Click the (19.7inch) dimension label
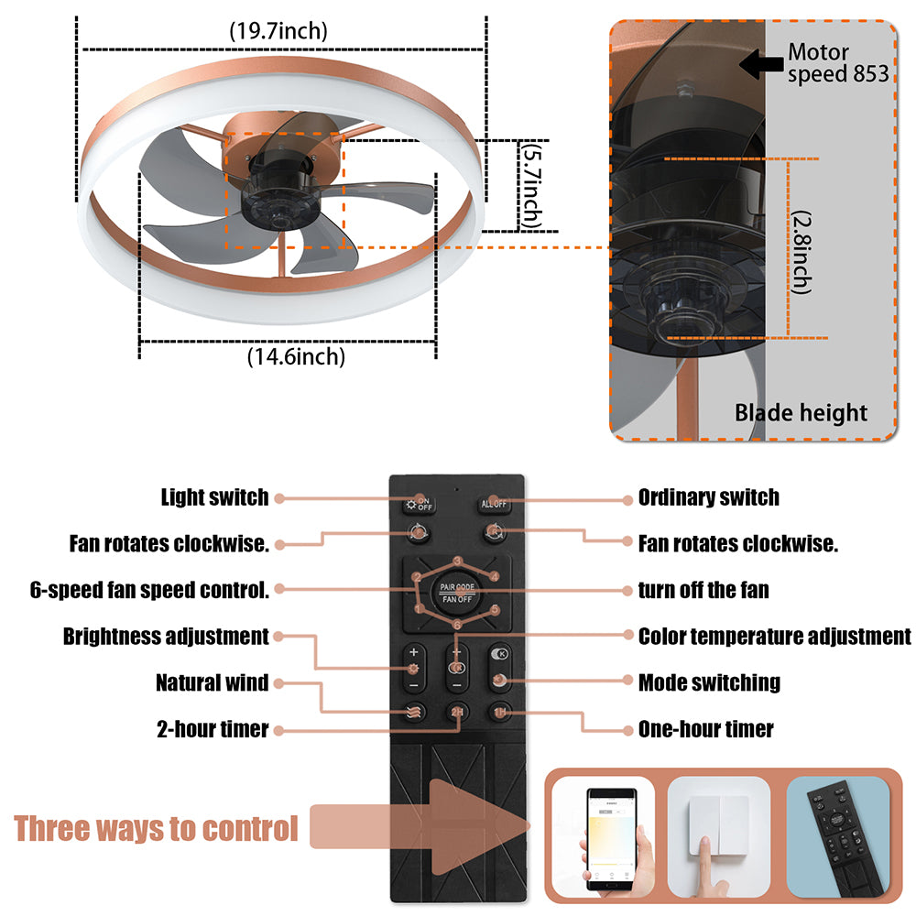[278, 30]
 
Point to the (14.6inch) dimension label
[296, 356]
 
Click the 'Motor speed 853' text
[837, 63]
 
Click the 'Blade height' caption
[801, 413]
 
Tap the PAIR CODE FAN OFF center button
[455, 592]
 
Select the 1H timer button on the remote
[500, 713]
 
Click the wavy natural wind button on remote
[413, 713]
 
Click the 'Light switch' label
[214, 497]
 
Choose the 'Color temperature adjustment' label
[774, 636]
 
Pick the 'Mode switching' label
[709, 682]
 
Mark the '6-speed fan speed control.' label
[149, 590]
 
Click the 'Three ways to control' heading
[156, 829]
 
